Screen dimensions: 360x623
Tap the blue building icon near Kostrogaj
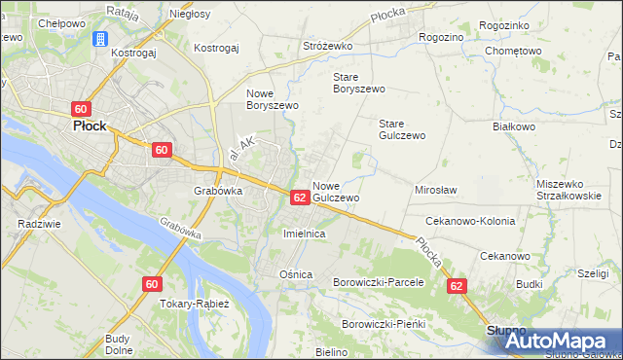click(x=98, y=39)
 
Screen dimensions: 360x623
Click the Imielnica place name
click(x=303, y=234)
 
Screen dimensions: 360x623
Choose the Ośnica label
click(x=296, y=274)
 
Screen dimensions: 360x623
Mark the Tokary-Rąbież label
click(x=194, y=304)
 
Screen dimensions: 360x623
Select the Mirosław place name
click(x=436, y=191)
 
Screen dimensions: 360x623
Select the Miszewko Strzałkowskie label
click(x=575, y=190)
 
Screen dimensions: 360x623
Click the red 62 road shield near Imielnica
click(x=300, y=198)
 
